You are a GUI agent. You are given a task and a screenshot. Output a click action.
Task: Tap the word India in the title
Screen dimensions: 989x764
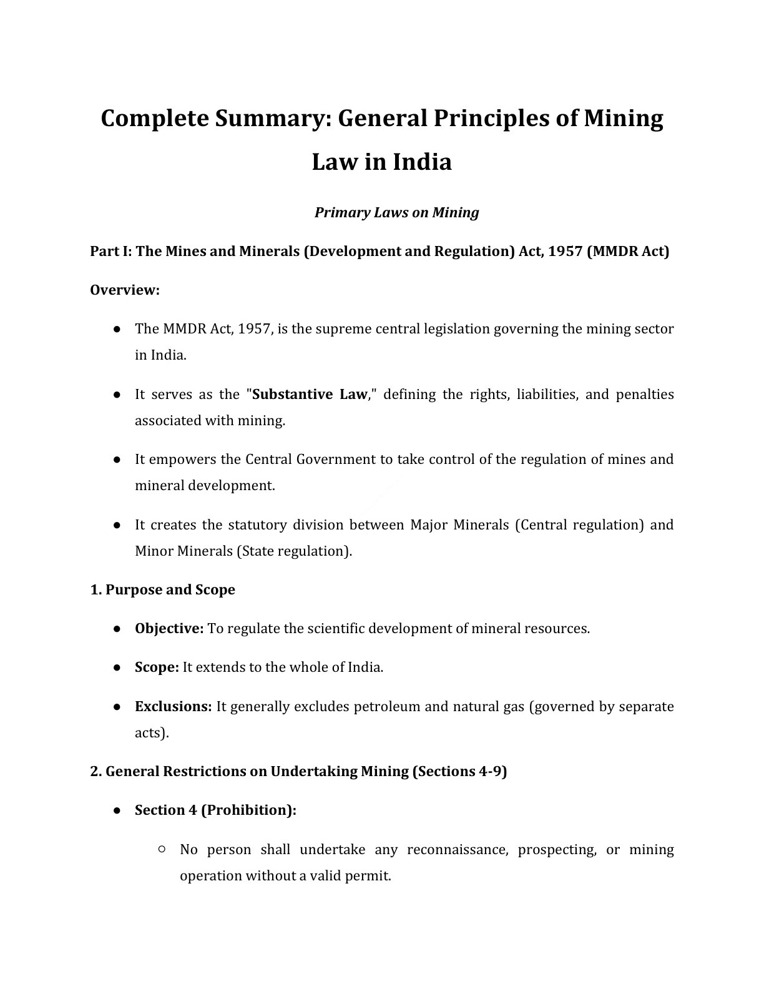[422, 162]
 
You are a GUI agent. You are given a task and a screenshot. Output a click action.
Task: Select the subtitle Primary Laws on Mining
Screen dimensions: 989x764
[396, 213]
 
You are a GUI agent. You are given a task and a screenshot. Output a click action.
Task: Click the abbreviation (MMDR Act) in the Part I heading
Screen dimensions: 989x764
[628, 252]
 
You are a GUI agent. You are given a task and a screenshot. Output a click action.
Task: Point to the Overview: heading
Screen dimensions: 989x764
[125, 290]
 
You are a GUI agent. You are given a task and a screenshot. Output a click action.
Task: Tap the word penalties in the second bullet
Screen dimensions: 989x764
[644, 395]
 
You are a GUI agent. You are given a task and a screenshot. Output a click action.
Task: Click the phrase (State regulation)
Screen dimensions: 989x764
[294, 551]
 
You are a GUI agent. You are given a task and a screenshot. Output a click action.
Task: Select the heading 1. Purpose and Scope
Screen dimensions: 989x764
[162, 590]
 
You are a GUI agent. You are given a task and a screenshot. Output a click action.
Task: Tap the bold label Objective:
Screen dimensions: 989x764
[169, 629]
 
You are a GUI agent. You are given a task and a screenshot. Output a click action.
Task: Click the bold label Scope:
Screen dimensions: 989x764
[157, 667]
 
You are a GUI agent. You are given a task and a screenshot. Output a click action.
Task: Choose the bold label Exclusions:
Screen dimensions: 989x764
[173, 707]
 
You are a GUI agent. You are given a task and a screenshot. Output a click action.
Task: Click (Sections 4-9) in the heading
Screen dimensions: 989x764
[459, 772]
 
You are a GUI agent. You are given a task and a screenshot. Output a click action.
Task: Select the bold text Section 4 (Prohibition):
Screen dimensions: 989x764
[215, 810]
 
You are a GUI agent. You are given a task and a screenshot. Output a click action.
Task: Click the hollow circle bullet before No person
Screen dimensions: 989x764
[162, 849]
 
